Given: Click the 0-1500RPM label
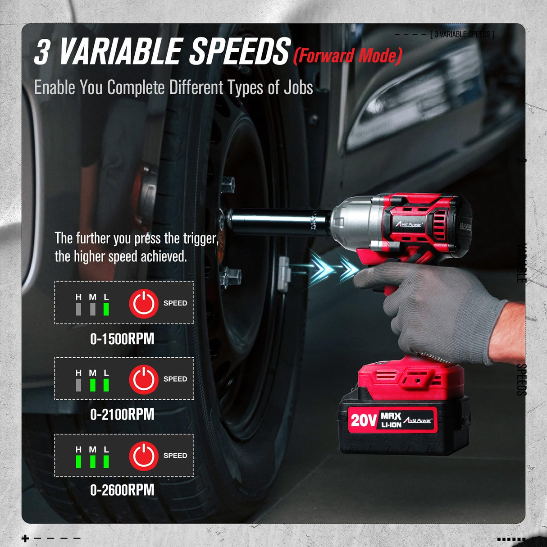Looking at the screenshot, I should pyautogui.click(x=122, y=339).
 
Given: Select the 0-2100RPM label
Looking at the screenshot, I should pyautogui.click(x=122, y=415).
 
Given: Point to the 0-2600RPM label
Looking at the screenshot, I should pyautogui.click(x=122, y=490).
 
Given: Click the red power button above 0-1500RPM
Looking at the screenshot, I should pyautogui.click(x=144, y=303).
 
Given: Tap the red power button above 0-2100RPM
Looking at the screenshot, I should pyautogui.click(x=144, y=379).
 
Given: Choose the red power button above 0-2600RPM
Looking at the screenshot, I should pyautogui.click(x=144, y=456).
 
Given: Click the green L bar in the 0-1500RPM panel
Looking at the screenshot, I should pyautogui.click(x=106, y=309).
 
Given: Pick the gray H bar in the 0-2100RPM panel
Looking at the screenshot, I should pyautogui.click(x=78, y=385).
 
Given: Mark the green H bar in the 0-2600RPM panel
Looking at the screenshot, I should pyautogui.click(x=78, y=461).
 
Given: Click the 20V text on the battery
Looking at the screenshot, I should pyautogui.click(x=363, y=420).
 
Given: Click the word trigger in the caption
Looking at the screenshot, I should pyautogui.click(x=201, y=238).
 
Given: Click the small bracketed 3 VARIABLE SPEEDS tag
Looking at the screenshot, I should pyautogui.click(x=462, y=34).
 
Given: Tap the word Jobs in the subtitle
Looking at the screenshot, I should pyautogui.click(x=298, y=88).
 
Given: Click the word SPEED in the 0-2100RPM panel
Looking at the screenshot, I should pyautogui.click(x=175, y=379).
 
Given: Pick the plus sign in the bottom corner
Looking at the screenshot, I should pyautogui.click(x=25, y=538).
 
